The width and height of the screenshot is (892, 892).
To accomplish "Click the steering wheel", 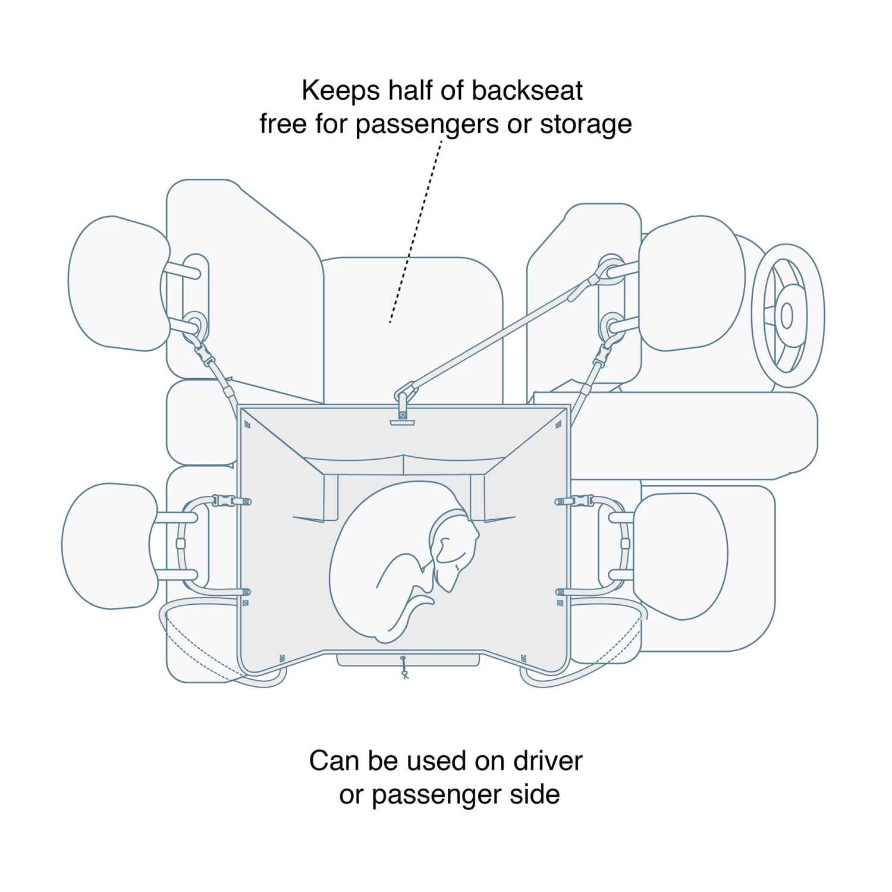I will click(787, 315).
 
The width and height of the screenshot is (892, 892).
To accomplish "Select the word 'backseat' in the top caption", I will click(526, 91).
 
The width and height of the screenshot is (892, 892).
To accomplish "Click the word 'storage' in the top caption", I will click(585, 125).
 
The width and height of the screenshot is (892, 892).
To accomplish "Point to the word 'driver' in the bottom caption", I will click(547, 761).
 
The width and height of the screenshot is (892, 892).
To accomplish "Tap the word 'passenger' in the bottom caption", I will click(436, 795).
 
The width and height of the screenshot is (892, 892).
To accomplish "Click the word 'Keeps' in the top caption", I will click(340, 91).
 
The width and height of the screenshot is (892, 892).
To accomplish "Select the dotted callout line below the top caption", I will click(416, 232).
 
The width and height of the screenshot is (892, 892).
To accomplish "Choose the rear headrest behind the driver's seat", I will click(681, 556).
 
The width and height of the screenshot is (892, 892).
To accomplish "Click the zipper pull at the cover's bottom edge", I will click(404, 669).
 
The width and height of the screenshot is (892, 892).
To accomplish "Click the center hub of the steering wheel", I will click(787, 316).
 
